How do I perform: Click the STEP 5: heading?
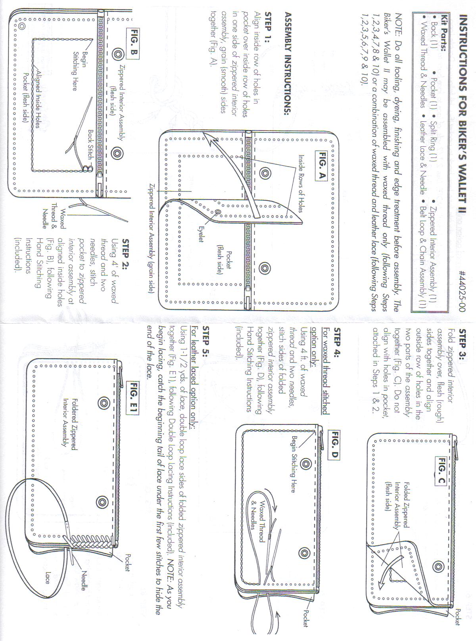pyautogui.click(x=206, y=341)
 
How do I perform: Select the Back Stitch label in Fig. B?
pyautogui.click(x=91, y=144)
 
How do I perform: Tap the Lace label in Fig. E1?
pyautogui.click(x=48, y=578)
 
